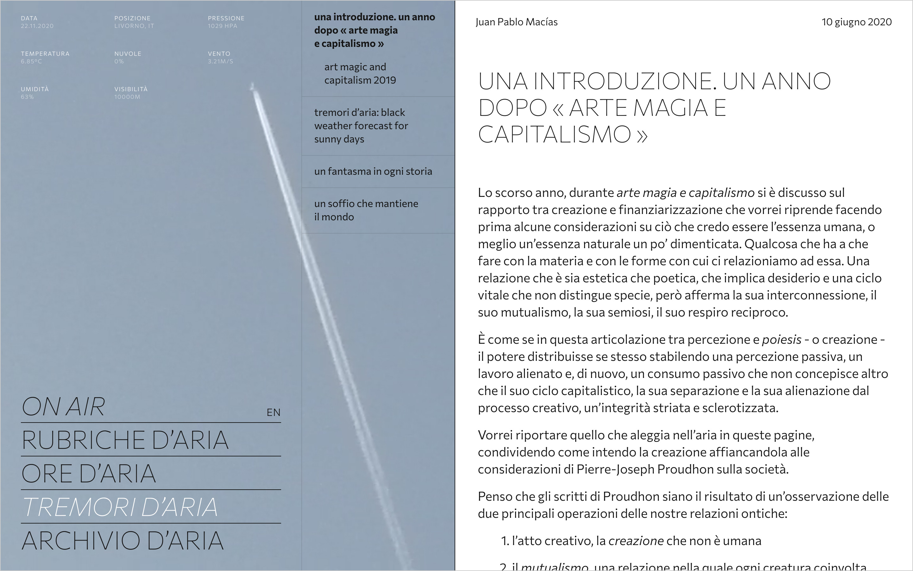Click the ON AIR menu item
pyautogui.click(x=63, y=407)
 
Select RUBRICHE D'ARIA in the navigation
pyautogui.click(x=125, y=440)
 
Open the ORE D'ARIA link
pyautogui.click(x=89, y=474)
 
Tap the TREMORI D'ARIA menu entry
pyautogui.click(x=120, y=507)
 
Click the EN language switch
pyautogui.click(x=274, y=412)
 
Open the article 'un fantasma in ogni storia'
pyautogui.click(x=373, y=172)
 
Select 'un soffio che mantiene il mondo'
pyautogui.click(x=366, y=210)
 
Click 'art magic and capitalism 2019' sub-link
pyautogui.click(x=360, y=73)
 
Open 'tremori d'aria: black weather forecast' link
pyautogui.click(x=361, y=125)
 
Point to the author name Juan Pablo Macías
pyautogui.click(x=516, y=22)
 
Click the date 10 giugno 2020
pyautogui.click(x=856, y=22)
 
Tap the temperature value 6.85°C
pyautogui.click(x=31, y=61)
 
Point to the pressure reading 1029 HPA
pyautogui.click(x=223, y=26)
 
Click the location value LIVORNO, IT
pyautogui.click(x=134, y=26)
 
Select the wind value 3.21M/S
pyautogui.click(x=220, y=61)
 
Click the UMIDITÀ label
pyautogui.click(x=35, y=89)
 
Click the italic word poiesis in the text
pyautogui.click(x=781, y=340)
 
